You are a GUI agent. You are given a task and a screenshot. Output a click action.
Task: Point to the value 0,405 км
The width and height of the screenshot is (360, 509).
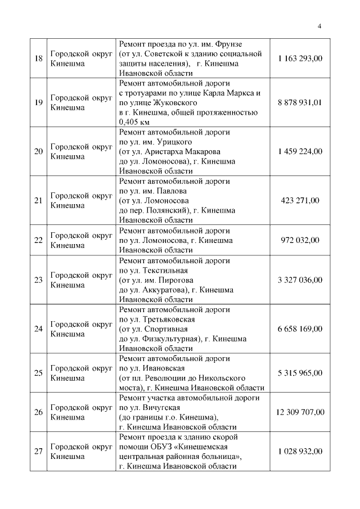[x=134, y=121]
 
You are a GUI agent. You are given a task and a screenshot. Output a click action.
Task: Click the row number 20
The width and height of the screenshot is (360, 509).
[x=38, y=151]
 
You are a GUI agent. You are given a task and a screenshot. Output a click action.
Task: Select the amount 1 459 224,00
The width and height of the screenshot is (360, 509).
[x=300, y=151]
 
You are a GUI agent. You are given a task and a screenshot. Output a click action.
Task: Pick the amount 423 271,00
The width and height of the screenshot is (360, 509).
[x=300, y=200]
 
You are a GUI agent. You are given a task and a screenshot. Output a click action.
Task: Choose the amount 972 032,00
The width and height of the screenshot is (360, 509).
[x=300, y=240]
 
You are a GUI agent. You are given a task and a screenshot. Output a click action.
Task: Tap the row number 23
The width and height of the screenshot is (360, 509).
[x=38, y=280]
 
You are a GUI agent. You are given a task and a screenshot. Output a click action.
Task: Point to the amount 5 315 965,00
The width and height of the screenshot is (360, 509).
[x=300, y=372]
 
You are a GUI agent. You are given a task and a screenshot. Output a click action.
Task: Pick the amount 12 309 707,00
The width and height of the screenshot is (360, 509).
[x=300, y=412]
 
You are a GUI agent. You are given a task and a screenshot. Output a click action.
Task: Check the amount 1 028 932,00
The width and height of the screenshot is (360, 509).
[x=300, y=451]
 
